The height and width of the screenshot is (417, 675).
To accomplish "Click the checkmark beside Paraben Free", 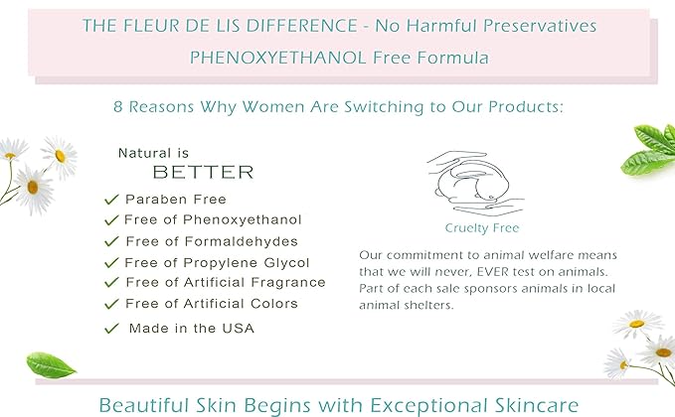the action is [x=111, y=200].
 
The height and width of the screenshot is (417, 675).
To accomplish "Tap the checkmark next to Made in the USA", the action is [x=111, y=329].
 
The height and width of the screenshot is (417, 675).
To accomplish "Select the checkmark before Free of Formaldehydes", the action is [x=111, y=241].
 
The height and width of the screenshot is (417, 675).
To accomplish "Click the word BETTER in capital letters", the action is [x=203, y=173].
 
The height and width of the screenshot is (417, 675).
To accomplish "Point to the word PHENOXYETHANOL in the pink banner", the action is [x=278, y=58].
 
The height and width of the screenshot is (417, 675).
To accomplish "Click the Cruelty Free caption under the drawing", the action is [x=482, y=227].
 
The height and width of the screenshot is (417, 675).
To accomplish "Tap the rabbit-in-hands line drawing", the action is [x=475, y=183].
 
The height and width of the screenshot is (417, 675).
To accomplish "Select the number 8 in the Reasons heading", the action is [x=118, y=106].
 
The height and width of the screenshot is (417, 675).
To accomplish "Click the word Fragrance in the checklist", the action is [x=288, y=282].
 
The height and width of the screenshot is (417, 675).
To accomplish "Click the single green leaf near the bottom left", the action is [x=52, y=365].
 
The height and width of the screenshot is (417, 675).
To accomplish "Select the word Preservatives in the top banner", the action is [x=540, y=26].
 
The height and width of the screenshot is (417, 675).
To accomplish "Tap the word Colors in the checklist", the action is [x=274, y=304].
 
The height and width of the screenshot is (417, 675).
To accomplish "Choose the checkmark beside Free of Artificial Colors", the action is [x=111, y=305].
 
